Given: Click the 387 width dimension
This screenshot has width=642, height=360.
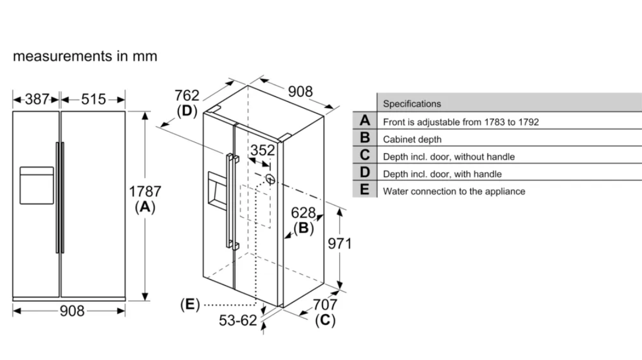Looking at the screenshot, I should (x=37, y=99).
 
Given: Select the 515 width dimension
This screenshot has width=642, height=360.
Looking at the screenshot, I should (x=93, y=99).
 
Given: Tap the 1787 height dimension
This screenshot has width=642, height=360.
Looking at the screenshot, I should (x=145, y=192).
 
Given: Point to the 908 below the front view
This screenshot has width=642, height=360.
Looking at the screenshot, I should (x=72, y=311).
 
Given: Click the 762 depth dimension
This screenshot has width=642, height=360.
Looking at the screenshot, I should (x=187, y=96).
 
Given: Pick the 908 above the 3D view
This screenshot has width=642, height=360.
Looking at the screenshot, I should (x=300, y=91).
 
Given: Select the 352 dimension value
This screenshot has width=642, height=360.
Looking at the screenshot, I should (x=262, y=150).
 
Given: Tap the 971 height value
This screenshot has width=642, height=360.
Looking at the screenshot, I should (x=340, y=243).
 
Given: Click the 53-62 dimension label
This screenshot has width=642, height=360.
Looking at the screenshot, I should (x=237, y=320).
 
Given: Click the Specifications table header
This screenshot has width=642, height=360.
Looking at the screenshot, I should (x=412, y=104).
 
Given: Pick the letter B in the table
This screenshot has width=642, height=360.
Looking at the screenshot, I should (x=364, y=138).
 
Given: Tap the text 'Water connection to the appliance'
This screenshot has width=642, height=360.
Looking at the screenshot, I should (x=454, y=191).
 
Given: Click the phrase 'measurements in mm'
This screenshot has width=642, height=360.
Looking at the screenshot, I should (x=85, y=56).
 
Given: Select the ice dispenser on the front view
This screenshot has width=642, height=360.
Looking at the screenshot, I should (x=36, y=185).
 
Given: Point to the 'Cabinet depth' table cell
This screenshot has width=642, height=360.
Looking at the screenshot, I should (x=412, y=139).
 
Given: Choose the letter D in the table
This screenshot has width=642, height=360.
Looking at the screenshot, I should (x=364, y=173).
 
